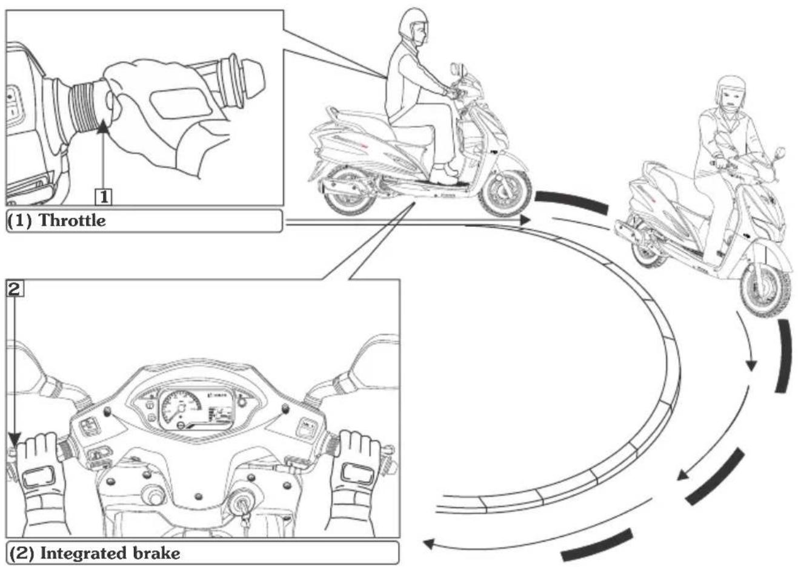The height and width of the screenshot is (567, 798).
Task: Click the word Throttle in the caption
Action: pos(72,220)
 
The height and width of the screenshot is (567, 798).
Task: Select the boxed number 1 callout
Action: pos(104,197)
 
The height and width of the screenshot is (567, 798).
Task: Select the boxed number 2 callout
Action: pos(15,289)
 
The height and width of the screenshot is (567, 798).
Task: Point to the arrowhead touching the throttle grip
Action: pos(103,126)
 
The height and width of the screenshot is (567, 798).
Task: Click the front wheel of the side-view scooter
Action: pos(505,194)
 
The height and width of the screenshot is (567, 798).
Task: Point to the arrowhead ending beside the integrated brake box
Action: pos(428,544)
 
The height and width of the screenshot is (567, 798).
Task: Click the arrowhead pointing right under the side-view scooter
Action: pos(525,220)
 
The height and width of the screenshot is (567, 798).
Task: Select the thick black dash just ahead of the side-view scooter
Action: pos(571,202)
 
